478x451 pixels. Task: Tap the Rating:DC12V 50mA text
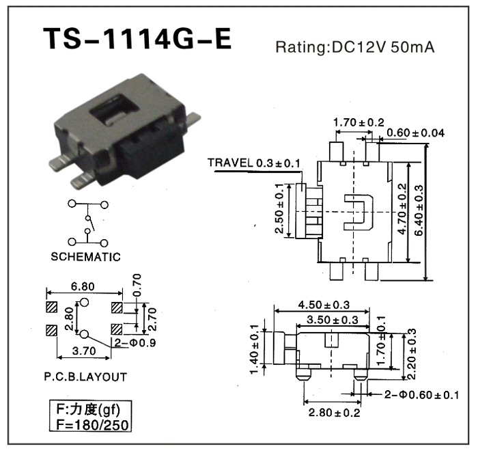pyautogui.click(x=354, y=48)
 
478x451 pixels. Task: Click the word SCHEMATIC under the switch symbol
pyautogui.click(x=86, y=258)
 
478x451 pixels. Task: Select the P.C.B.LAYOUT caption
pyautogui.click(x=84, y=377)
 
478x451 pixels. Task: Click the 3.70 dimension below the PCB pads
pyautogui.click(x=84, y=352)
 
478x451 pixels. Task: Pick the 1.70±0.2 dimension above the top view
pyautogui.click(x=358, y=122)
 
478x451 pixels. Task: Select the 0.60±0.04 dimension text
pyautogui.click(x=415, y=133)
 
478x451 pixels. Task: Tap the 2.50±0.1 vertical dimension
pyautogui.click(x=279, y=209)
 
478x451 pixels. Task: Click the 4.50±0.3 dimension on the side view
pyautogui.click(x=324, y=305)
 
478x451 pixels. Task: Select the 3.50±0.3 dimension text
pyautogui.click(x=333, y=320)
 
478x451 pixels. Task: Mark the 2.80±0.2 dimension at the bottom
pyautogui.click(x=334, y=412)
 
